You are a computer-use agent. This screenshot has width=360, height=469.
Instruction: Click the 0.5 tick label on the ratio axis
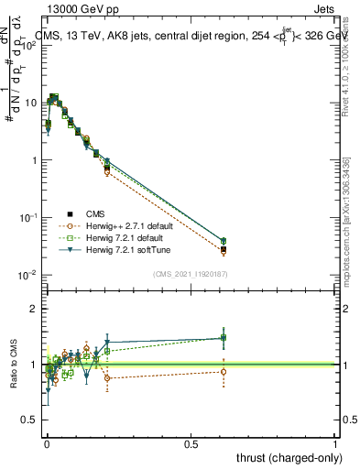(29, 420)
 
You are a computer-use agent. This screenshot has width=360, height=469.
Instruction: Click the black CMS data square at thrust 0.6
(224, 248)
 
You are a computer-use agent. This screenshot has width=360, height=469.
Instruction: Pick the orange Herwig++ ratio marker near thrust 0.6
(224, 371)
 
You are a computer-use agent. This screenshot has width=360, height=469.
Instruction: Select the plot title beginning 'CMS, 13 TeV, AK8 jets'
(192, 36)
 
